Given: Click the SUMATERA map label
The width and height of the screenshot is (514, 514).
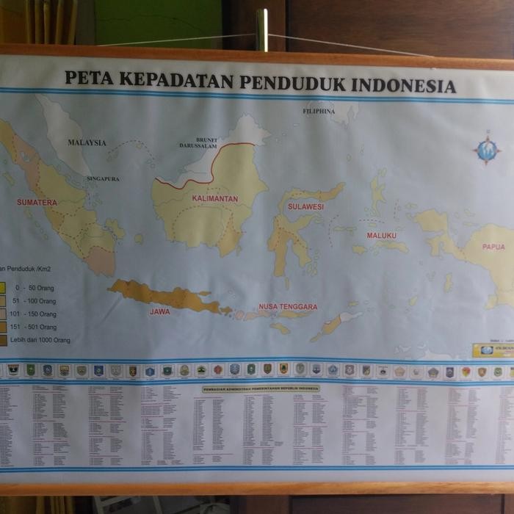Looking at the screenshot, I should [x=37, y=202].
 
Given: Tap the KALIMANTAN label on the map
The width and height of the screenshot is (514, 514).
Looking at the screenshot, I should [x=214, y=199].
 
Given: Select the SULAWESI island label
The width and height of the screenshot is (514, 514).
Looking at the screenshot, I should [x=305, y=207].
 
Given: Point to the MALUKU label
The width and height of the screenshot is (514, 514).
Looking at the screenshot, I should [x=382, y=236].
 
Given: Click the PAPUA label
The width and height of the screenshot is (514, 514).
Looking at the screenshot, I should [x=493, y=247].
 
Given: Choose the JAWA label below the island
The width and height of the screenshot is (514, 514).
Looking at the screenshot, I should [x=159, y=311].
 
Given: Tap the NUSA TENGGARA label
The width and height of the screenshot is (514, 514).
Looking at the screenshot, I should [x=288, y=307].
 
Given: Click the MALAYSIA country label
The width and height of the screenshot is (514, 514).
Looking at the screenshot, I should [x=87, y=142].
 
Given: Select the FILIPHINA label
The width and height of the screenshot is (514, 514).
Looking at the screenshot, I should [x=319, y=112].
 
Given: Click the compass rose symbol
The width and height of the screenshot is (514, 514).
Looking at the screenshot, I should [x=486, y=149].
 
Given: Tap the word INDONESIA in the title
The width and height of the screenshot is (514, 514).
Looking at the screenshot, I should [x=404, y=86].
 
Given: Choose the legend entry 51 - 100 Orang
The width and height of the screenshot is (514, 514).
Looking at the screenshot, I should [x=32, y=301].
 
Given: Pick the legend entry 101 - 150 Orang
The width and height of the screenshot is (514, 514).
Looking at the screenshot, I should [x=33, y=314].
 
